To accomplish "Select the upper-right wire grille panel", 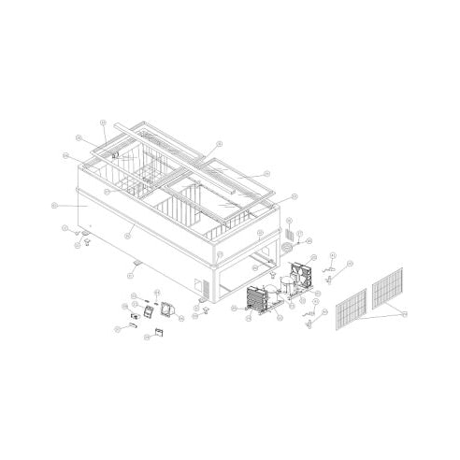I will point(387,287).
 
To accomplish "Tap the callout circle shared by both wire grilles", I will point(404,315).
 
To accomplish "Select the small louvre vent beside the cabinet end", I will point(289,231).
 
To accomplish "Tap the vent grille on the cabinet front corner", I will point(198,284).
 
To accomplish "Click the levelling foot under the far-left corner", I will point(85,242).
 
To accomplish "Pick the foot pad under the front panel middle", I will point(137,265).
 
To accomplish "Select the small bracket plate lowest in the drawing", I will point(159,331).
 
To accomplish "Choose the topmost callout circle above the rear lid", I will point(104,122).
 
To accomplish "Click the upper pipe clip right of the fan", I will point(329,269).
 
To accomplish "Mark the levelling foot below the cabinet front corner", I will point(204,306).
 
